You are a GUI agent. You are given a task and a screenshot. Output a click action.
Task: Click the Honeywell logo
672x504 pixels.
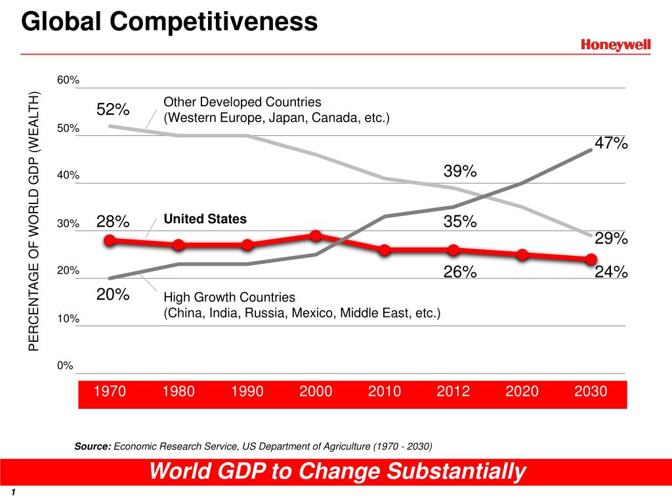616,45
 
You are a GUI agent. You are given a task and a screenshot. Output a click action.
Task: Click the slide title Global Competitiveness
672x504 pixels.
169,22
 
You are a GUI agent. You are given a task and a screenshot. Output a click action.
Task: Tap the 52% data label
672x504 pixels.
113,110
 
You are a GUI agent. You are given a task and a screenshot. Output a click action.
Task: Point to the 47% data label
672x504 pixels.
612,143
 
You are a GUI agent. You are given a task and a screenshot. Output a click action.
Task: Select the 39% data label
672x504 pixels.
460,171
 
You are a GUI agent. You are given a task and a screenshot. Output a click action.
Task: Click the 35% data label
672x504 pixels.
460,222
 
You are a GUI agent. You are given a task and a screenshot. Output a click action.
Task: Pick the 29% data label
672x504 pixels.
612,239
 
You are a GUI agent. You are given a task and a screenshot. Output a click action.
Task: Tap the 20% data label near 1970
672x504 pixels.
113,295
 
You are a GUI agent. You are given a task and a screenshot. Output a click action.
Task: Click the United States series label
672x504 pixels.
205,219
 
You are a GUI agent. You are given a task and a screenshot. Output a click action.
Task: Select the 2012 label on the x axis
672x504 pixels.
453,392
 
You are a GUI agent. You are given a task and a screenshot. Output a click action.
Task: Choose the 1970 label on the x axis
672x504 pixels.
110,392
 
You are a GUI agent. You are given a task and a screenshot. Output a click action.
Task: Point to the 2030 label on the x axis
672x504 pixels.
591,392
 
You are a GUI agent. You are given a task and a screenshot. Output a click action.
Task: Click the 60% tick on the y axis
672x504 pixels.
68,80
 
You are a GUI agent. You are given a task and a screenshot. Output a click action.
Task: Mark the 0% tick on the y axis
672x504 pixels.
66,366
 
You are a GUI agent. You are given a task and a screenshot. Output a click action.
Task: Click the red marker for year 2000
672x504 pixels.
316,236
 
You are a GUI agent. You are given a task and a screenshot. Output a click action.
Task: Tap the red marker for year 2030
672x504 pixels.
591,259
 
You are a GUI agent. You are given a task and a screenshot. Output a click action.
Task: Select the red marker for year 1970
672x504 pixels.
110,240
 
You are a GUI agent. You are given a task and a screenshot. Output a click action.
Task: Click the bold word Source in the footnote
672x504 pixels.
93,447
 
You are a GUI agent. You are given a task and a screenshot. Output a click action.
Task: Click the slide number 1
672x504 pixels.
13,493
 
